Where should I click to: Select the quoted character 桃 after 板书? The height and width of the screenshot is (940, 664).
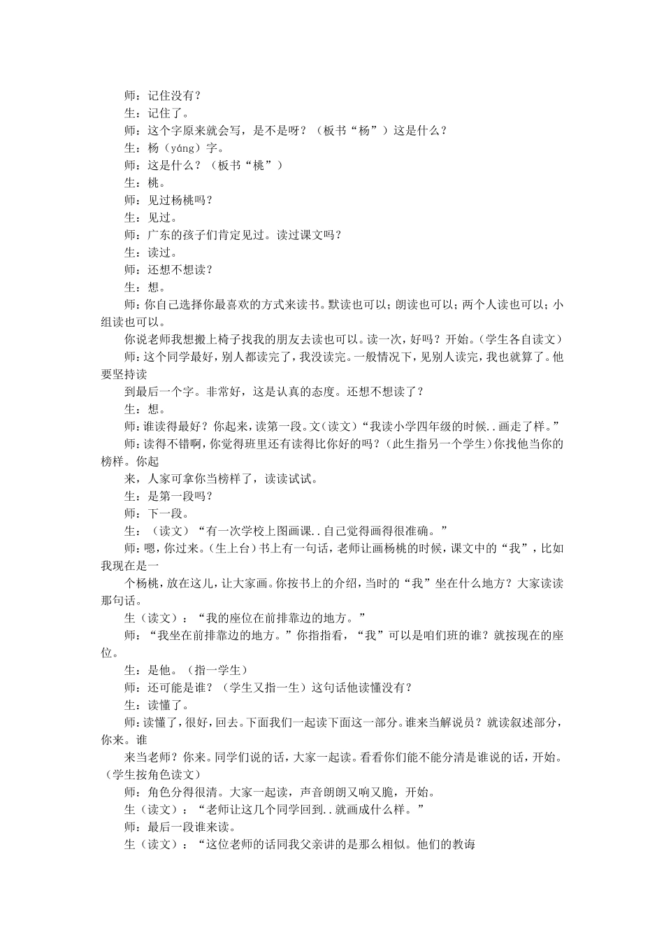point(258,166)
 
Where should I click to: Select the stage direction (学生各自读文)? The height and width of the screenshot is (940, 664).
point(526,339)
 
